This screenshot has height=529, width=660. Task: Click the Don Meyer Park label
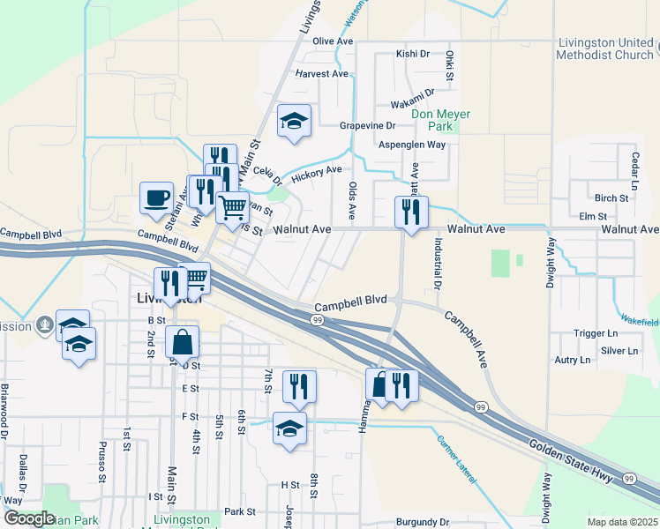[441, 120]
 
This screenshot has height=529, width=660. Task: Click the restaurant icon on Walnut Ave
[411, 212]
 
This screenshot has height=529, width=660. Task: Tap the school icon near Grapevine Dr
[295, 121]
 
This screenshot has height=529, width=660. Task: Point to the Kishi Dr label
[412, 54]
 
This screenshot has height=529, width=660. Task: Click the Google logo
[29, 518]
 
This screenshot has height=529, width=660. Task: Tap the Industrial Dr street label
[437, 264]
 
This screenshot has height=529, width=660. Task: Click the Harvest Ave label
[322, 74]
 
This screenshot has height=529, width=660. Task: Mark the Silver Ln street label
[619, 351]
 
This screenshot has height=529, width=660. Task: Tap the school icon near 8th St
[289, 429]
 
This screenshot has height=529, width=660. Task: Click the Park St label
[239, 511]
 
